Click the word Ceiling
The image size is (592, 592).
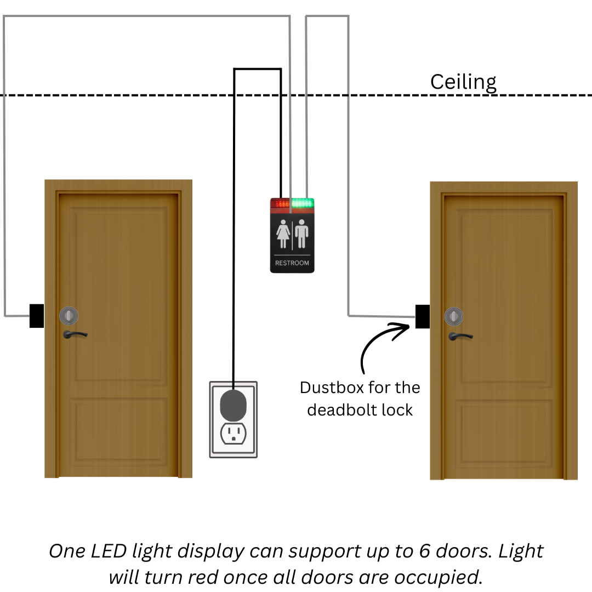[463, 82]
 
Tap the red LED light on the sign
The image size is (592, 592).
[280, 203]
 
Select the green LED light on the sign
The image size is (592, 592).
[302, 203]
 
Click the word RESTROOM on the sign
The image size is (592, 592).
[292, 263]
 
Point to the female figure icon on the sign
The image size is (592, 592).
[283, 234]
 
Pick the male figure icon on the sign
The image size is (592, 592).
[302, 234]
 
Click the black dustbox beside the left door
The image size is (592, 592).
[37, 316]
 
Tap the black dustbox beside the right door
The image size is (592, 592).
[422, 316]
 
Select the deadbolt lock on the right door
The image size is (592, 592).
[454, 316]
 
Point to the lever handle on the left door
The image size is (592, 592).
[75, 334]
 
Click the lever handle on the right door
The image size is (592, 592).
[460, 336]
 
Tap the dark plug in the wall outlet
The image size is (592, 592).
[234, 405]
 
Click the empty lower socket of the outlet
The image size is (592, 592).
[233, 434]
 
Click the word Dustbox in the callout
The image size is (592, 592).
[332, 388]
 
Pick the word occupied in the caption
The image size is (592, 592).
[440, 577]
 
